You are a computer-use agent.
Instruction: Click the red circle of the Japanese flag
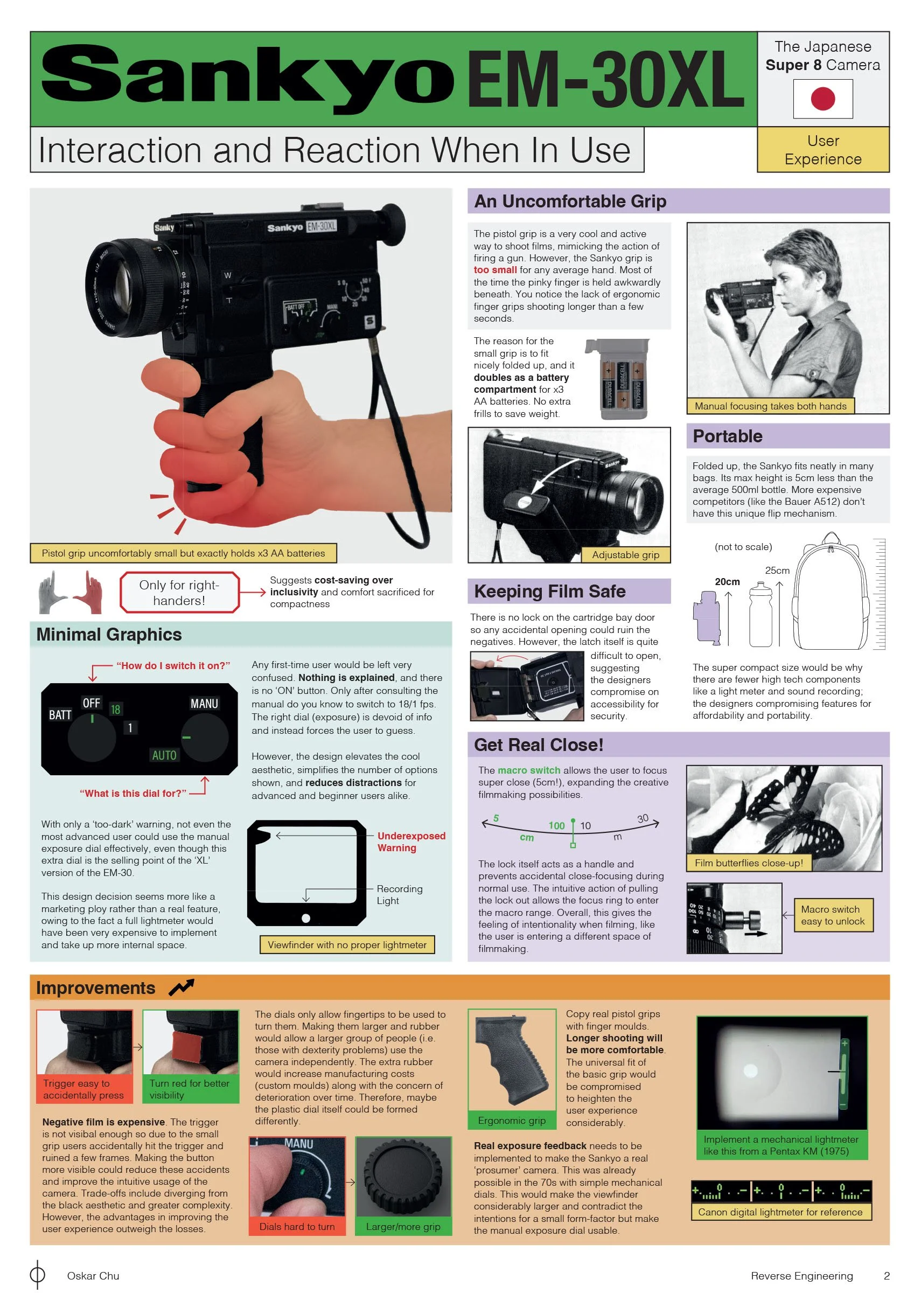[x=822, y=99]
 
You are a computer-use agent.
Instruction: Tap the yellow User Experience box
[x=823, y=149]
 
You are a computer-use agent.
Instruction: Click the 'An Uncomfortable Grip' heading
[x=570, y=201]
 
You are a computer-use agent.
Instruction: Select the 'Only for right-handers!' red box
[x=179, y=593]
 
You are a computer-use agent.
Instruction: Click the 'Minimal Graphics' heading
[x=109, y=635]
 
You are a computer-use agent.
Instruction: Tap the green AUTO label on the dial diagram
[x=164, y=755]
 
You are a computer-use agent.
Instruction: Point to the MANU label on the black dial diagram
[x=204, y=704]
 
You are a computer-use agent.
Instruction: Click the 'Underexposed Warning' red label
[x=411, y=842]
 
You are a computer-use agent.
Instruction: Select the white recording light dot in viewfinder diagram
[x=306, y=919]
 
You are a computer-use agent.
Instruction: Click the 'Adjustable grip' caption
[x=625, y=555]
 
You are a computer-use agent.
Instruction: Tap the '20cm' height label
[x=727, y=582]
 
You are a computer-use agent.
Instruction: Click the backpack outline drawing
[x=830, y=592]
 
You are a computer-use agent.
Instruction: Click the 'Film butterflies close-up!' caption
[x=749, y=863]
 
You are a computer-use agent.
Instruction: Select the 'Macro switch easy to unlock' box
[x=832, y=915]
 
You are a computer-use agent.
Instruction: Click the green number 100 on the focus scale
[x=556, y=825]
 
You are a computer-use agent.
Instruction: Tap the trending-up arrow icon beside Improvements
[x=182, y=987]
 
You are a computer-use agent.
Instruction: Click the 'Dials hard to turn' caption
[x=297, y=1227]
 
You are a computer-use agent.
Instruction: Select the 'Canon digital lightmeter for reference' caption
[x=780, y=1212]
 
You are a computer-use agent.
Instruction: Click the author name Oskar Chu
[x=93, y=1276]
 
